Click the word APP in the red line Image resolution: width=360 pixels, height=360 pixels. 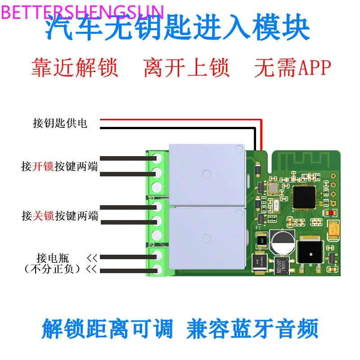click(x=311, y=67)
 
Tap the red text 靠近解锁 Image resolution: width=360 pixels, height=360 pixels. click(x=74, y=67)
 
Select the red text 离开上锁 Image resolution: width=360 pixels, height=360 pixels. click(x=186, y=67)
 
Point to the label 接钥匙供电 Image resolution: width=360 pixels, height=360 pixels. click(x=60, y=123)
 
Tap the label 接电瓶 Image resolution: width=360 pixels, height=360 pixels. click(x=53, y=258)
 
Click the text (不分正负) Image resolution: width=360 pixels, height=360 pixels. click(x=52, y=269)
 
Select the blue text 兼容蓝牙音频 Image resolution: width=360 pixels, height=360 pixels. click(x=252, y=329)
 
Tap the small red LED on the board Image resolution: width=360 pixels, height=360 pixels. click(x=332, y=213)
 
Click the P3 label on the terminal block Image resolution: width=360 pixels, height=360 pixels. click(x=151, y=245)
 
